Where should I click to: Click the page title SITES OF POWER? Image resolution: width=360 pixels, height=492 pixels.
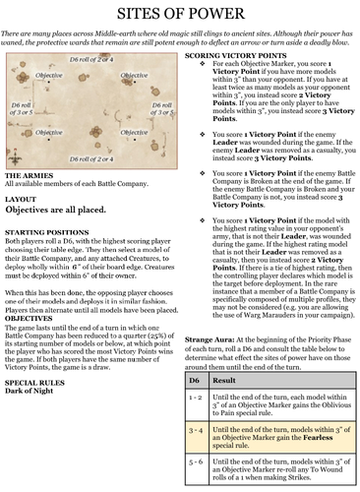(x=180, y=15)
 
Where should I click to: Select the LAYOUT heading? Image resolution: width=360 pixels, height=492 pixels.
(x=24, y=225)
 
